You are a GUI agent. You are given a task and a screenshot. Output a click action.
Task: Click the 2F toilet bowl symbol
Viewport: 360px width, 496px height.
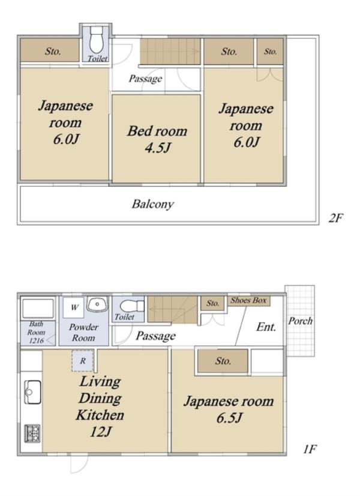[x=96, y=40]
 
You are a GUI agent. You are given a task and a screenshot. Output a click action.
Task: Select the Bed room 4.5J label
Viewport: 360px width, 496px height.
[x=157, y=139]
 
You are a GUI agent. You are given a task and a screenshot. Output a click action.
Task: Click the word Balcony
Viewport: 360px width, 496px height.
[x=152, y=204]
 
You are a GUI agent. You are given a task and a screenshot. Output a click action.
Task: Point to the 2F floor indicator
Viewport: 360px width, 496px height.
[x=335, y=218]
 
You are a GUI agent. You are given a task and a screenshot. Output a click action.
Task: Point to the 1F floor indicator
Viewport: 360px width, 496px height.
[x=310, y=449]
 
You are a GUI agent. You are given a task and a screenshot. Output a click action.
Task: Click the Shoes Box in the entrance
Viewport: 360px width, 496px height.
[x=249, y=300]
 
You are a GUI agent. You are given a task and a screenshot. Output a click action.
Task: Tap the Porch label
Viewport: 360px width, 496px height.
[x=300, y=321]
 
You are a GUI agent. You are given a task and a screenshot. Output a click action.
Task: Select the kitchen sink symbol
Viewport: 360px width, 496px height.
[x=32, y=392]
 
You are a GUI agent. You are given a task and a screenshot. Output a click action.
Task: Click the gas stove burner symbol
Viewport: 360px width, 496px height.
[x=32, y=434]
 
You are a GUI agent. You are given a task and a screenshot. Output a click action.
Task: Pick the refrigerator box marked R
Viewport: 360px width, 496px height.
[x=82, y=361]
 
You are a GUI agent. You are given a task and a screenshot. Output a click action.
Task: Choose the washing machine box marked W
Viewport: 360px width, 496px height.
[x=74, y=307]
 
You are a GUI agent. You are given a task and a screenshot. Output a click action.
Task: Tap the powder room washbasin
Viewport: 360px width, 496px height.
[x=97, y=304]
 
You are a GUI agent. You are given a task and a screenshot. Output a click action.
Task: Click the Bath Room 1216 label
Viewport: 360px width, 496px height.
[x=37, y=333]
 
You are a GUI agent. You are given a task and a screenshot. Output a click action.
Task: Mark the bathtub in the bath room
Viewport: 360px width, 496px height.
[x=37, y=309]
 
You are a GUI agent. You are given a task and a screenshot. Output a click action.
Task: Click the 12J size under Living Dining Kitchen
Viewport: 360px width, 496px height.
[x=101, y=432]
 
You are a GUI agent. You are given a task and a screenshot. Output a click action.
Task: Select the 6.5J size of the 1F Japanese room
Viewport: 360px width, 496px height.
[x=229, y=418]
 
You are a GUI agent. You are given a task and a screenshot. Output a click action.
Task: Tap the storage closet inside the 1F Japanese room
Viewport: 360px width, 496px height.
[x=223, y=361]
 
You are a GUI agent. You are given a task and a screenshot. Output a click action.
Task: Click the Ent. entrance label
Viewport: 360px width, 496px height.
[x=266, y=327]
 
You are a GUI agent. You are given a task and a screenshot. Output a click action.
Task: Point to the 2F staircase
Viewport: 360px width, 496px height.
[x=170, y=51]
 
